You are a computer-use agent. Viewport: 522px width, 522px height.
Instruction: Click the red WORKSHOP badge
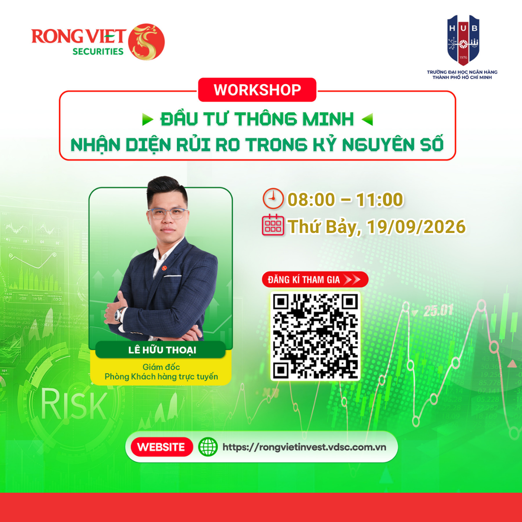pyautogui.click(x=257, y=89)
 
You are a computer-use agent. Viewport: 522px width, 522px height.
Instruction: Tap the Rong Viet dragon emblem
pyautogui.click(x=146, y=42)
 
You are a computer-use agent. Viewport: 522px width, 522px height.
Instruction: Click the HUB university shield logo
pyautogui.click(x=463, y=40)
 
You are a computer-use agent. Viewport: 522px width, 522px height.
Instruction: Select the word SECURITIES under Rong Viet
pyautogui.click(x=98, y=52)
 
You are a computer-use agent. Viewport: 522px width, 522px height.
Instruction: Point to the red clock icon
pyautogui.click(x=273, y=199)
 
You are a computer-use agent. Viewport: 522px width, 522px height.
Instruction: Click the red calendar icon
pyautogui.click(x=273, y=225)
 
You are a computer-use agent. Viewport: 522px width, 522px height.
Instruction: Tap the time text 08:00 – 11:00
pyautogui.click(x=345, y=200)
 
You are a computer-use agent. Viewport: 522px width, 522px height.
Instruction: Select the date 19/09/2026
pyautogui.click(x=416, y=227)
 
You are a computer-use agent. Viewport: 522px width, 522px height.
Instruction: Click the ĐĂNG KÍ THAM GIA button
pyautogui.click(x=315, y=280)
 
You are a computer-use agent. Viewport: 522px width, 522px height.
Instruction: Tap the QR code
pyautogui.click(x=315, y=336)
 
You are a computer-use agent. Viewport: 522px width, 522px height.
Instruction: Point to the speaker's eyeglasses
pyautogui.click(x=168, y=214)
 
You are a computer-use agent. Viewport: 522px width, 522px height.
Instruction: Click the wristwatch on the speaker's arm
pyautogui.click(x=119, y=314)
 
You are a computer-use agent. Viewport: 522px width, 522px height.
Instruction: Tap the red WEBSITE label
pyautogui.click(x=162, y=447)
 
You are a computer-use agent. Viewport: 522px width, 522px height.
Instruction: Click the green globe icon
pyautogui.click(x=208, y=447)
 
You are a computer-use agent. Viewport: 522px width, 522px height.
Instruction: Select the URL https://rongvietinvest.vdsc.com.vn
pyautogui.click(x=304, y=447)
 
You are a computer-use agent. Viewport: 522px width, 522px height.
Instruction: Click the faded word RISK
pyautogui.click(x=73, y=404)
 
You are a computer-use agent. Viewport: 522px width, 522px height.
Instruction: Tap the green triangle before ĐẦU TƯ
pyautogui.click(x=147, y=119)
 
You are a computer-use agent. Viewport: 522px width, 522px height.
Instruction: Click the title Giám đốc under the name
pyautogui.click(x=161, y=367)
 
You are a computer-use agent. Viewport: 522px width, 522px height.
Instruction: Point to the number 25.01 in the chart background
pyautogui.click(x=438, y=311)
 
